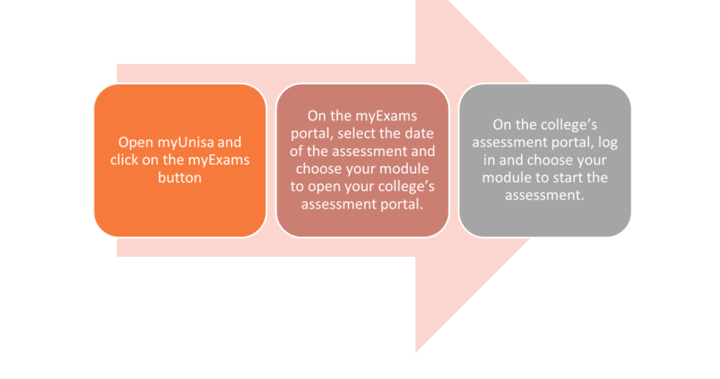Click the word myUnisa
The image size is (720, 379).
[x=186, y=143]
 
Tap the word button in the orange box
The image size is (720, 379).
[x=179, y=177]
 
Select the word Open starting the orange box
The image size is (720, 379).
[x=136, y=143]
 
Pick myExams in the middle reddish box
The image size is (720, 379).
[x=389, y=116]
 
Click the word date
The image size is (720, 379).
[x=419, y=133]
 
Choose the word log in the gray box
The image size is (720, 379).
[x=607, y=143]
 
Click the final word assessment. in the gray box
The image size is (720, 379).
[x=545, y=195]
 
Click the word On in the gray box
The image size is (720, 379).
[x=501, y=124]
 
